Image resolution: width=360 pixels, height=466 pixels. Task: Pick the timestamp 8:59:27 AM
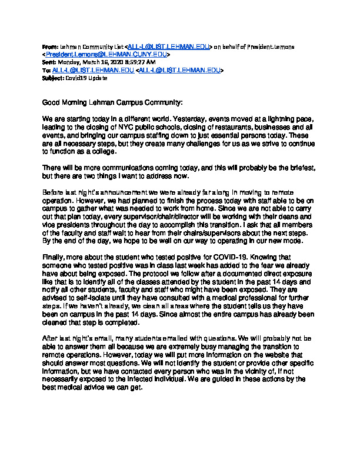point(138,62)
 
